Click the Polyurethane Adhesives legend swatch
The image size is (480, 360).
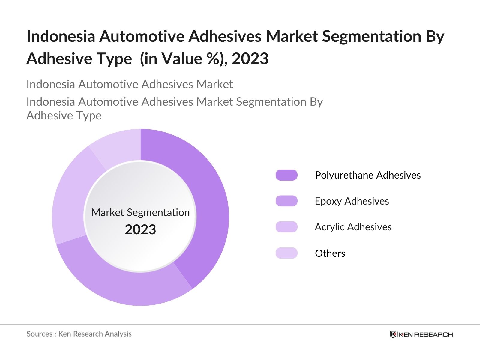point(286,175)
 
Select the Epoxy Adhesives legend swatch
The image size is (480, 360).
point(286,201)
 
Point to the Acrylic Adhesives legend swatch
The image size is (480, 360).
point(286,227)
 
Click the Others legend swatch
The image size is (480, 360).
point(286,253)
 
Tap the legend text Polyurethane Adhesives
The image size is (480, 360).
point(368,175)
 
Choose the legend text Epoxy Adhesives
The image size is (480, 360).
point(352,201)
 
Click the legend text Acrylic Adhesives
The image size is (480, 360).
point(353,227)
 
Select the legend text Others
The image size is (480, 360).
point(330,253)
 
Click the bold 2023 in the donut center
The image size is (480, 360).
point(140,229)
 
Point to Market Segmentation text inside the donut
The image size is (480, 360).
point(140,212)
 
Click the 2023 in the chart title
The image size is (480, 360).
point(250,58)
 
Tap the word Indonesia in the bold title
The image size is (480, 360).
point(61,36)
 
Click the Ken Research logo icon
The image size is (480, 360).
point(393,334)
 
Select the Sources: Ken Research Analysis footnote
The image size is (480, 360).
point(79,334)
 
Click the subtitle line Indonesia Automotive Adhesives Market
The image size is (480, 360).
point(130,84)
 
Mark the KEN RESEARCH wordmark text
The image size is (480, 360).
point(426,334)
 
